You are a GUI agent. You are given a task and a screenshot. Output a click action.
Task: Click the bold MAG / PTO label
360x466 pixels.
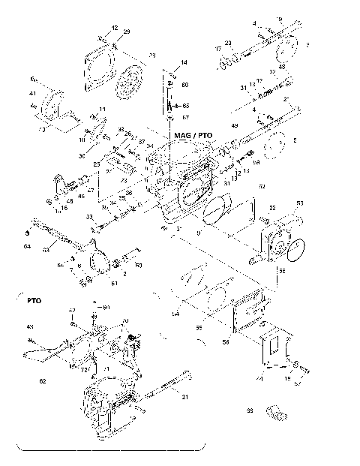point(193,135)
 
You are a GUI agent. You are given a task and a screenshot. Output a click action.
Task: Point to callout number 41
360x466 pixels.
point(32,94)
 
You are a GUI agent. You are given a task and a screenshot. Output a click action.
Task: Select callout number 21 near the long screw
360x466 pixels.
point(184,397)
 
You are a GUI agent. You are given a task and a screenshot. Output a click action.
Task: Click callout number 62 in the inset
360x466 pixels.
point(42,381)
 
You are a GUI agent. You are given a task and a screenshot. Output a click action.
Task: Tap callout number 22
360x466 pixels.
point(272,208)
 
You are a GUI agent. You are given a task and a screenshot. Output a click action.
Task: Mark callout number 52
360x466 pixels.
point(262,185)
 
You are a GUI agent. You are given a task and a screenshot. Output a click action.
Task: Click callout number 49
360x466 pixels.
point(234,125)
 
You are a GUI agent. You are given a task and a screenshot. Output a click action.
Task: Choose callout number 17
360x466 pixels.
point(218,49)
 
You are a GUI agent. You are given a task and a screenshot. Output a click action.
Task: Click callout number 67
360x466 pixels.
point(186,118)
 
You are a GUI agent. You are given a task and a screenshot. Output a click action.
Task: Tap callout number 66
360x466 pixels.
point(186,105)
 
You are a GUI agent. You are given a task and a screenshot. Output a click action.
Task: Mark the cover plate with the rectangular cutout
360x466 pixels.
point(272,349)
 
